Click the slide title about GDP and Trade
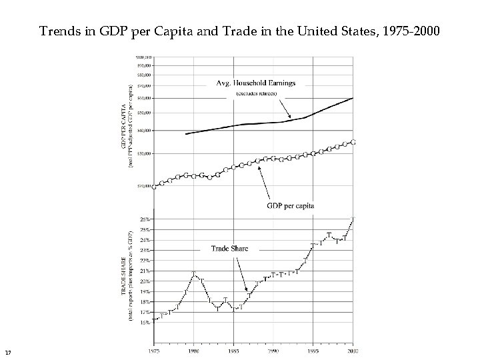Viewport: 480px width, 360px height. pyautogui.click(x=239, y=31)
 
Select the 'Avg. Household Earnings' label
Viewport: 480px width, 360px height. pyautogui.click(x=256, y=83)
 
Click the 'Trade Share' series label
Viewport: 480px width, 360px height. pyautogui.click(x=229, y=248)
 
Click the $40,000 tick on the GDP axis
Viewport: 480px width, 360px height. pyautogui.click(x=143, y=130)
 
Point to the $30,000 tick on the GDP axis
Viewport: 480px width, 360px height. pyautogui.click(x=143, y=153)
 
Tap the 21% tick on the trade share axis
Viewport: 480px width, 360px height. pyautogui.click(x=145, y=271)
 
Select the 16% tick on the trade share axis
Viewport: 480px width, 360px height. pyautogui.click(x=145, y=322)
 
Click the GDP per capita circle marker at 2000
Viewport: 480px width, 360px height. pyautogui.click(x=353, y=142)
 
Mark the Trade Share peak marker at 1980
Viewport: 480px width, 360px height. pyautogui.click(x=193, y=274)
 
